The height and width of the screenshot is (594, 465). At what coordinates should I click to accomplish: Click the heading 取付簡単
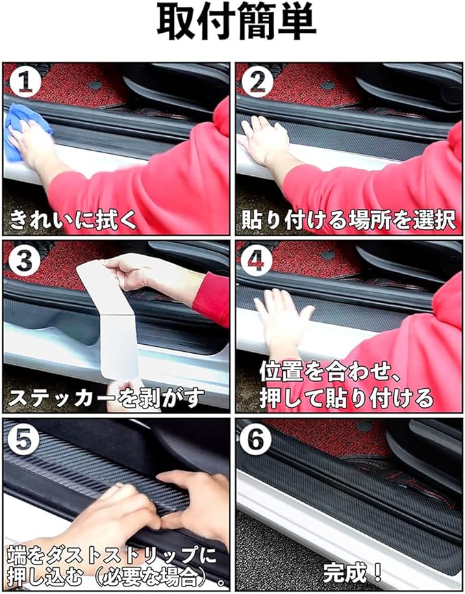(236, 23)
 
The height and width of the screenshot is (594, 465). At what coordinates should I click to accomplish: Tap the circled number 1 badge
(25, 81)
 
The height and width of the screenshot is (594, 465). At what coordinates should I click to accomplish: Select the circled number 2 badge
(257, 81)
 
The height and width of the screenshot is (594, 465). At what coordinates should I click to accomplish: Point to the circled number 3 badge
(24, 260)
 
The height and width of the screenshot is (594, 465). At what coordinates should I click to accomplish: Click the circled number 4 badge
(257, 260)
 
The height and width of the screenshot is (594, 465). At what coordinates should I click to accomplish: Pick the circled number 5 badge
(23, 439)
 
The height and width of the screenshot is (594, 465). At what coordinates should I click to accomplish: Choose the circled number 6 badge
(256, 439)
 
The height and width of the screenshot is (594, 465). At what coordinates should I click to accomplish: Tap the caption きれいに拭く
(73, 220)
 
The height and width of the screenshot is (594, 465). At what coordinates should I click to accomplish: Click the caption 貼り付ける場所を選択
(349, 220)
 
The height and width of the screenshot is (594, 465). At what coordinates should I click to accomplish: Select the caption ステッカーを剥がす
(106, 398)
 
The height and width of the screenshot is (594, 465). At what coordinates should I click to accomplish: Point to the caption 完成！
(353, 572)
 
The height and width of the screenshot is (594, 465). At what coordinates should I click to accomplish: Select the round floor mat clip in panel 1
(95, 85)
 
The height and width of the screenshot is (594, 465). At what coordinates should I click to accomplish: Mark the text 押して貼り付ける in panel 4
(347, 398)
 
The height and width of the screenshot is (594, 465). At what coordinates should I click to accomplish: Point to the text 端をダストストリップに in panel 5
(112, 556)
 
